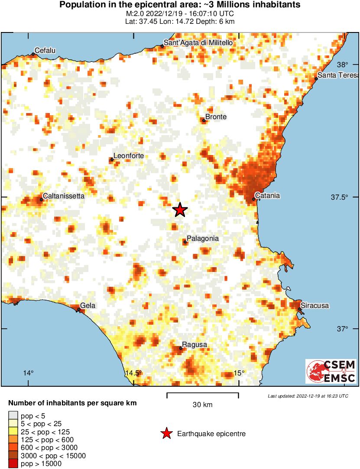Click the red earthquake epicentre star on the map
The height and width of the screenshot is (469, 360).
coord(180,210)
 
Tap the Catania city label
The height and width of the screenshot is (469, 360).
coord(268,196)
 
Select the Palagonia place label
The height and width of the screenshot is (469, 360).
coord(202,239)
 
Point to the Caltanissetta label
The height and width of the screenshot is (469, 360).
coord(64,196)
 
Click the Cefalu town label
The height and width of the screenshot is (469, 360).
coord(45,51)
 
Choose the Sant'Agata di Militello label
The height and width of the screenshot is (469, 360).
coord(198,43)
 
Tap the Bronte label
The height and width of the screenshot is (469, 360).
coord(216,117)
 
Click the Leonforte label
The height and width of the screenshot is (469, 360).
coord(128,156)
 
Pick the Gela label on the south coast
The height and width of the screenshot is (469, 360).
coord(88,306)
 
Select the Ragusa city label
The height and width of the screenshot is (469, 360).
coord(195,345)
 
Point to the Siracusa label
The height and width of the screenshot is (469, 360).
coord(315,306)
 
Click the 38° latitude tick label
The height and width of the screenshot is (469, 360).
coord(342,65)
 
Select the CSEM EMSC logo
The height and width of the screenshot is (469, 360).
coord(331,371)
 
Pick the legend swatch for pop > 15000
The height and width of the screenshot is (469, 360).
coord(13,464)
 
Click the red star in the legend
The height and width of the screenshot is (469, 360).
coord(166,433)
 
